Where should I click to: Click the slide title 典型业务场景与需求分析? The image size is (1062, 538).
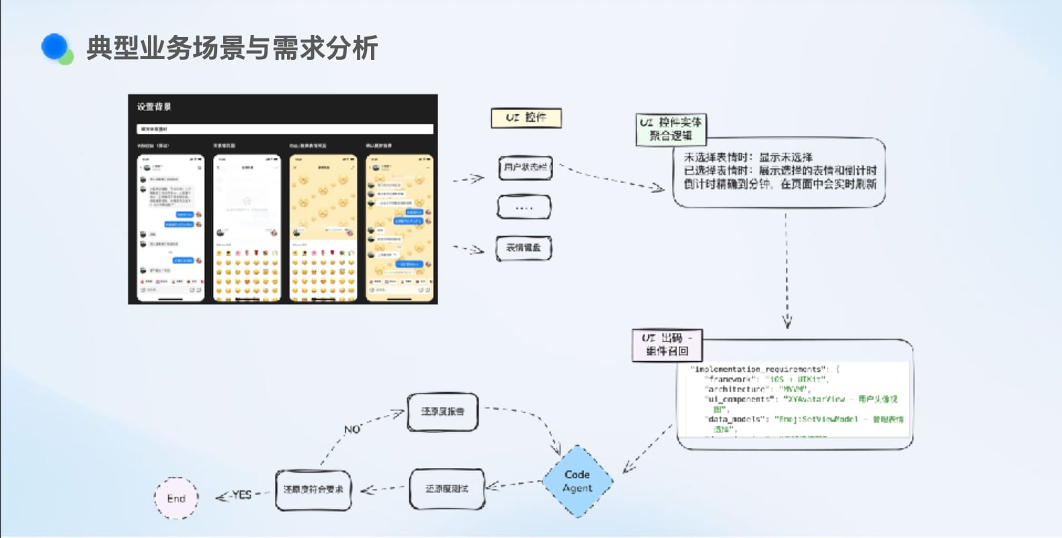coord(232,48)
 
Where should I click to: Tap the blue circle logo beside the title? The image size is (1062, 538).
coord(55,47)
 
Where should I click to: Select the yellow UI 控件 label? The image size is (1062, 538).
coord(526,118)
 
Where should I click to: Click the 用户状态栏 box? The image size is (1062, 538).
coord(525,167)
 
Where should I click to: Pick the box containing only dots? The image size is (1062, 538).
coord(524,207)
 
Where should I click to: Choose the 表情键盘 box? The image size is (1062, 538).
coord(524,248)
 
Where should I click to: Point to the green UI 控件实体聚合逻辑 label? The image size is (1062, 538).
coord(670,129)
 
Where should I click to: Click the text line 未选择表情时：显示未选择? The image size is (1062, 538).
coord(747,157)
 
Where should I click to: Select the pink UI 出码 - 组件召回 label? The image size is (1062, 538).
coord(666,344)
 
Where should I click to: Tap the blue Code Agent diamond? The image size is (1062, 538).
coord(577,482)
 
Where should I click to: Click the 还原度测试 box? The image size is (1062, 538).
coord(446,489)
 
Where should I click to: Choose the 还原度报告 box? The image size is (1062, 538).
coord(442,412)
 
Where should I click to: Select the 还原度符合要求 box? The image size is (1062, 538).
coord(313,490)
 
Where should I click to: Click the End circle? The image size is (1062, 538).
coord(176,498)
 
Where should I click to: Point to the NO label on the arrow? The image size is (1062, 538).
coord(352,429)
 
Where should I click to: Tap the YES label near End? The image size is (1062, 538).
coord(241,495)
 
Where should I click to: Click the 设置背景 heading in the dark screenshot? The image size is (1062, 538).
coord(154,107)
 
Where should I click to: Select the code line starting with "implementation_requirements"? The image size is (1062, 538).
coord(765,369)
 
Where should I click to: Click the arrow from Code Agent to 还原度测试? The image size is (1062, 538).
coord(514,484)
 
